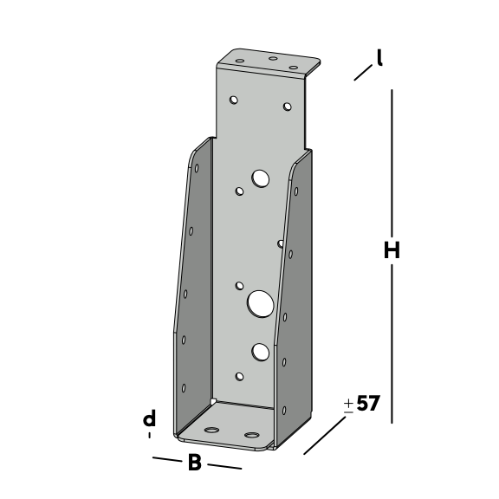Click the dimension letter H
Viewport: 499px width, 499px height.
click(x=392, y=250)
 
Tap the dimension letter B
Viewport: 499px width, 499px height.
click(x=195, y=462)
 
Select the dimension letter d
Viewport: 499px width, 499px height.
click(x=150, y=418)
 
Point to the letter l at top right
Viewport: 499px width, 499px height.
click(x=379, y=57)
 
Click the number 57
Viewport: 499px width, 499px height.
click(x=368, y=403)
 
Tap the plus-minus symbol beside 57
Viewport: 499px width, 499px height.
click(x=349, y=406)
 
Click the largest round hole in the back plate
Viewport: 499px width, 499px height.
click(x=260, y=304)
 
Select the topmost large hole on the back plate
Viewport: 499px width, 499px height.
click(x=260, y=178)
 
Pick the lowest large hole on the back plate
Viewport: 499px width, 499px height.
click(x=260, y=352)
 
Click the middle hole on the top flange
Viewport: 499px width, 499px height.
click(x=273, y=58)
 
